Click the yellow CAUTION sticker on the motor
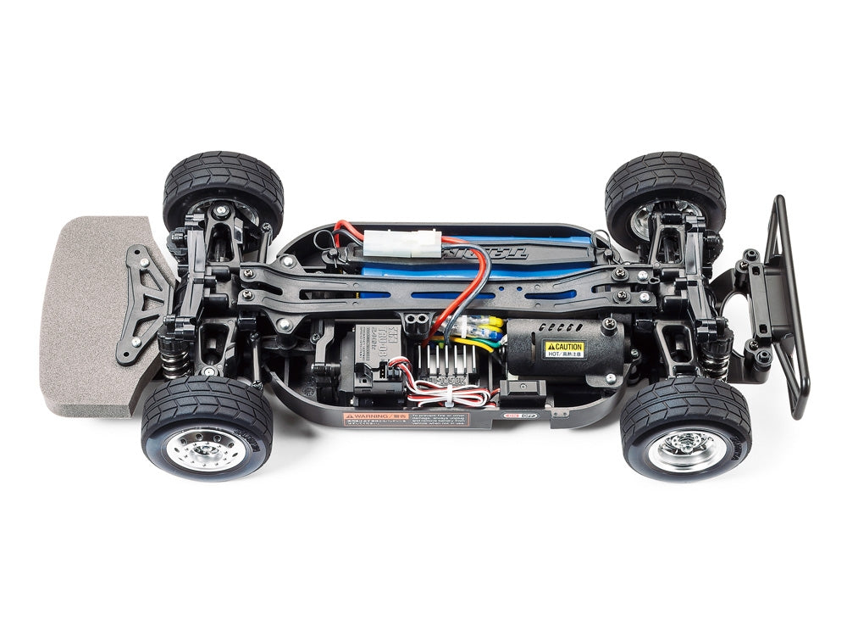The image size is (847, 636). pos(563,349)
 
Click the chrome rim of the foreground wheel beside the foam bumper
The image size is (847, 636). pos(197,446)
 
